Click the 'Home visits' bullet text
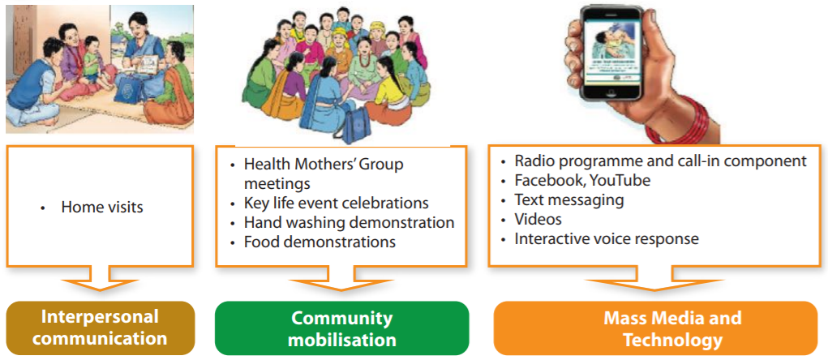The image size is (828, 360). (102, 207)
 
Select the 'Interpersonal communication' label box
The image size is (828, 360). (101, 328)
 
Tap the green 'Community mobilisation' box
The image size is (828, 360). (341, 328)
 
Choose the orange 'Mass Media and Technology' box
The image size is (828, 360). (655, 328)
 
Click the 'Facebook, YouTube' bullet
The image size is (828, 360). (582, 181)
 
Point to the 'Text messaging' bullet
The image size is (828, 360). (569, 200)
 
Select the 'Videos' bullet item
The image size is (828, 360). (538, 219)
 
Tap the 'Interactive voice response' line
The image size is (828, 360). (607, 238)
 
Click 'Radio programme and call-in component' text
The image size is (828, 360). (661, 161)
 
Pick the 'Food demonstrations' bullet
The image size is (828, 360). (320, 242)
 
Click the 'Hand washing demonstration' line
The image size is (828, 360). (349, 222)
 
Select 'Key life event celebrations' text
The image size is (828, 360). (336, 203)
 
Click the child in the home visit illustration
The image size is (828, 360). (93, 57)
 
